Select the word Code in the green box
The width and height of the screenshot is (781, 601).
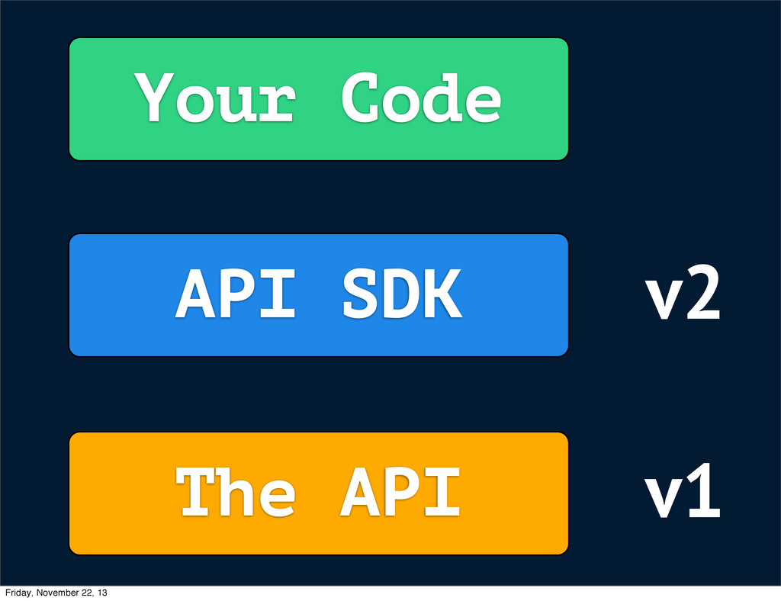click(421, 97)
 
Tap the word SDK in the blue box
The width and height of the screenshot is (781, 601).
click(403, 294)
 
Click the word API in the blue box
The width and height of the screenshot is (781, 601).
click(235, 294)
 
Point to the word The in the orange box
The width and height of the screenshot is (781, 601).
click(236, 491)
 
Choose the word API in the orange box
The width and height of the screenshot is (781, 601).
click(400, 492)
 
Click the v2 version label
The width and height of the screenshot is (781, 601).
click(683, 292)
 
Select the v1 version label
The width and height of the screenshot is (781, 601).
click(683, 490)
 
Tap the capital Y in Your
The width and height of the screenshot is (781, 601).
click(154, 97)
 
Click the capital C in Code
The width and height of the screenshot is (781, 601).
click(360, 97)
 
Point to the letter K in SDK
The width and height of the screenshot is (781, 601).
click(443, 294)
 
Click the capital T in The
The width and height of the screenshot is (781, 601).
click(194, 491)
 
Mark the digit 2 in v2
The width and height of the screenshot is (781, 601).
click(702, 292)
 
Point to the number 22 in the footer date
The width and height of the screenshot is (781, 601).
click(85, 593)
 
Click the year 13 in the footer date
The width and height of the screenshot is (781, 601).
click(102, 593)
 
